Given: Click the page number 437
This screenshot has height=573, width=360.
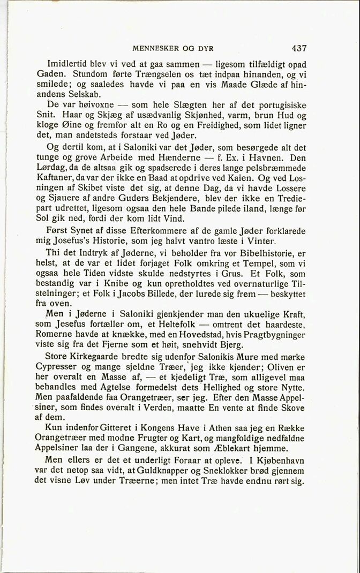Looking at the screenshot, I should coord(296,48).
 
